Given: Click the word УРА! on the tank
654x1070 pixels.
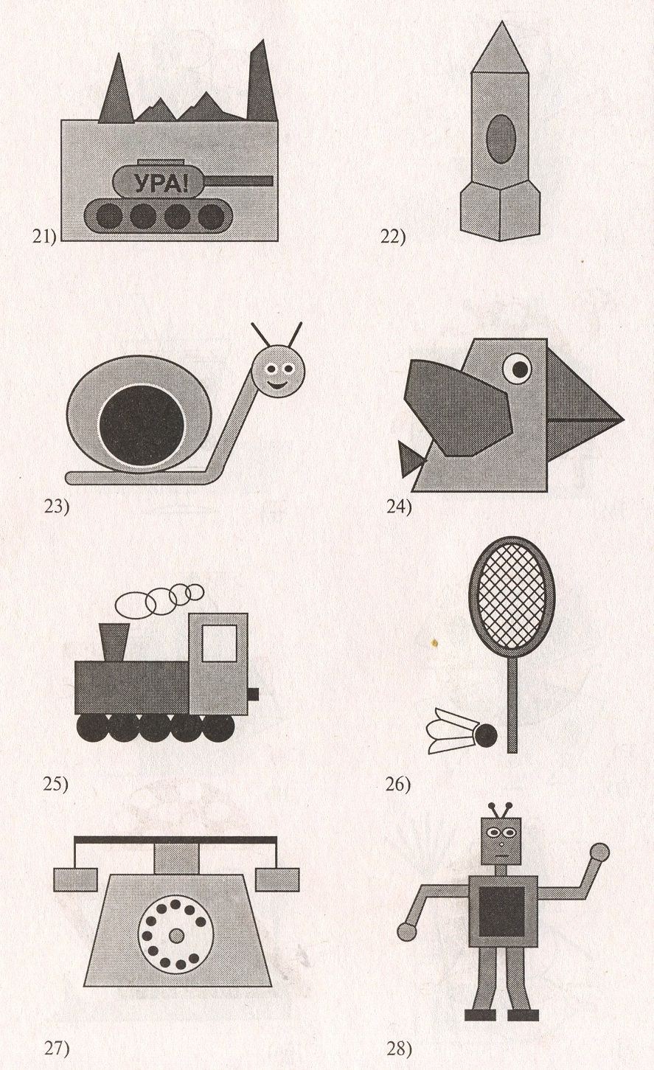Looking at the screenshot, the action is click(x=160, y=184).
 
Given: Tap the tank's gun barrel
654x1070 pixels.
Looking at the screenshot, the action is click(x=240, y=181).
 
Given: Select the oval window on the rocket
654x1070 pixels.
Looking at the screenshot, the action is click(x=501, y=139).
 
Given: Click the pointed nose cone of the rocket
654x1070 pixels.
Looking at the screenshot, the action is click(x=501, y=46).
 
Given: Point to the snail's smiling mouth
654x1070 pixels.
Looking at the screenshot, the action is click(x=278, y=383).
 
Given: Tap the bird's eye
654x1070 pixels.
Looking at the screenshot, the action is click(x=518, y=369).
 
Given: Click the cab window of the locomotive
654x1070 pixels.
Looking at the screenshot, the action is click(x=219, y=644).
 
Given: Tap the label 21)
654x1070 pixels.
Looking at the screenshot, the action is click(x=44, y=237).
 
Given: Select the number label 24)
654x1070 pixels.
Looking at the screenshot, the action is click(x=399, y=507).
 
